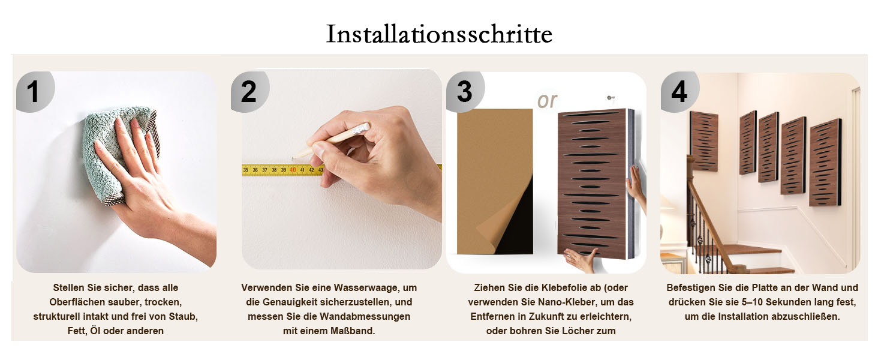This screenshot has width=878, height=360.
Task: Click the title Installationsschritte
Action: pyautogui.click(x=439, y=34)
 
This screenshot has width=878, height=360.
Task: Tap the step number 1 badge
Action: pyautogui.click(x=35, y=92)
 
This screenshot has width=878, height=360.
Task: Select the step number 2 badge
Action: pyautogui.click(x=249, y=92)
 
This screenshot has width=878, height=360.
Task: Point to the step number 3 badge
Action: pyautogui.click(x=465, y=92)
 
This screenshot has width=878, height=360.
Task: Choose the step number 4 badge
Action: pyautogui.click(x=679, y=92)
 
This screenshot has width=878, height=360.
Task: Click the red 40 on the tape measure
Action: pyautogui.click(x=293, y=170)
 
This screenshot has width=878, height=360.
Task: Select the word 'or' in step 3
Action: pyautogui.click(x=547, y=101)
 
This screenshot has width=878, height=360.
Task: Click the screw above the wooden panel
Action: pyautogui.click(x=609, y=98)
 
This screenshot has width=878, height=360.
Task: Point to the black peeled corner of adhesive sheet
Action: pyautogui.click(x=513, y=220)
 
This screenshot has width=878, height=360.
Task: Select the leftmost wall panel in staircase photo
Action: pyautogui.click(x=704, y=141)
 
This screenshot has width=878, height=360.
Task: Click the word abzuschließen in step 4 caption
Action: pyautogui.click(x=807, y=317)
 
